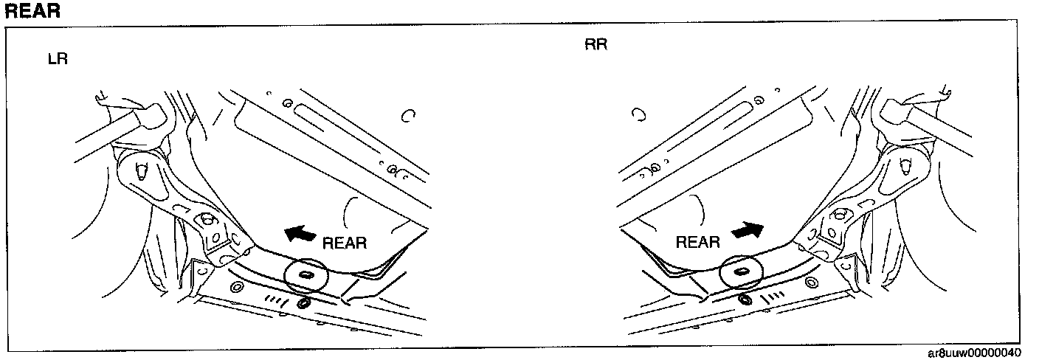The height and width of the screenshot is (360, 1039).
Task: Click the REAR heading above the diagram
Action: (x=32, y=11)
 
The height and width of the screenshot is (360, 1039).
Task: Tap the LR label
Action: (x=58, y=59)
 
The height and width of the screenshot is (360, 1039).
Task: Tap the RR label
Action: (x=596, y=44)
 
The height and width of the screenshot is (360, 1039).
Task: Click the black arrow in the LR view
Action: (x=300, y=234)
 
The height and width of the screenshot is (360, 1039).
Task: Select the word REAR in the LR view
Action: (x=345, y=243)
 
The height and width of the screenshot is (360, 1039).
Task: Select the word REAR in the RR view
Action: (x=698, y=242)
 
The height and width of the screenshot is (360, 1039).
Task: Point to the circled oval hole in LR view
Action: (x=304, y=275)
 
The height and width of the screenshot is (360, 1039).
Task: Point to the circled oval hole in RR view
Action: (x=740, y=272)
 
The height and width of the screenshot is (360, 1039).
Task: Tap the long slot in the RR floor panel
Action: (x=719, y=120)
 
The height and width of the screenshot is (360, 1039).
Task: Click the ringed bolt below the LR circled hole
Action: (x=301, y=303)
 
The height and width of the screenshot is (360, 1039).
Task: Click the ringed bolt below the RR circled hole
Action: (x=745, y=300)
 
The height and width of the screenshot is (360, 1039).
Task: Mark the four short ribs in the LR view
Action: (x=274, y=299)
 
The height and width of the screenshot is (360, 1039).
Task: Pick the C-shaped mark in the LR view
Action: (x=408, y=116)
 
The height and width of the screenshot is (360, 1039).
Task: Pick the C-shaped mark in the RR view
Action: (x=639, y=114)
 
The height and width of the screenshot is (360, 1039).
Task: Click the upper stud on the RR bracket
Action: (x=904, y=167)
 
